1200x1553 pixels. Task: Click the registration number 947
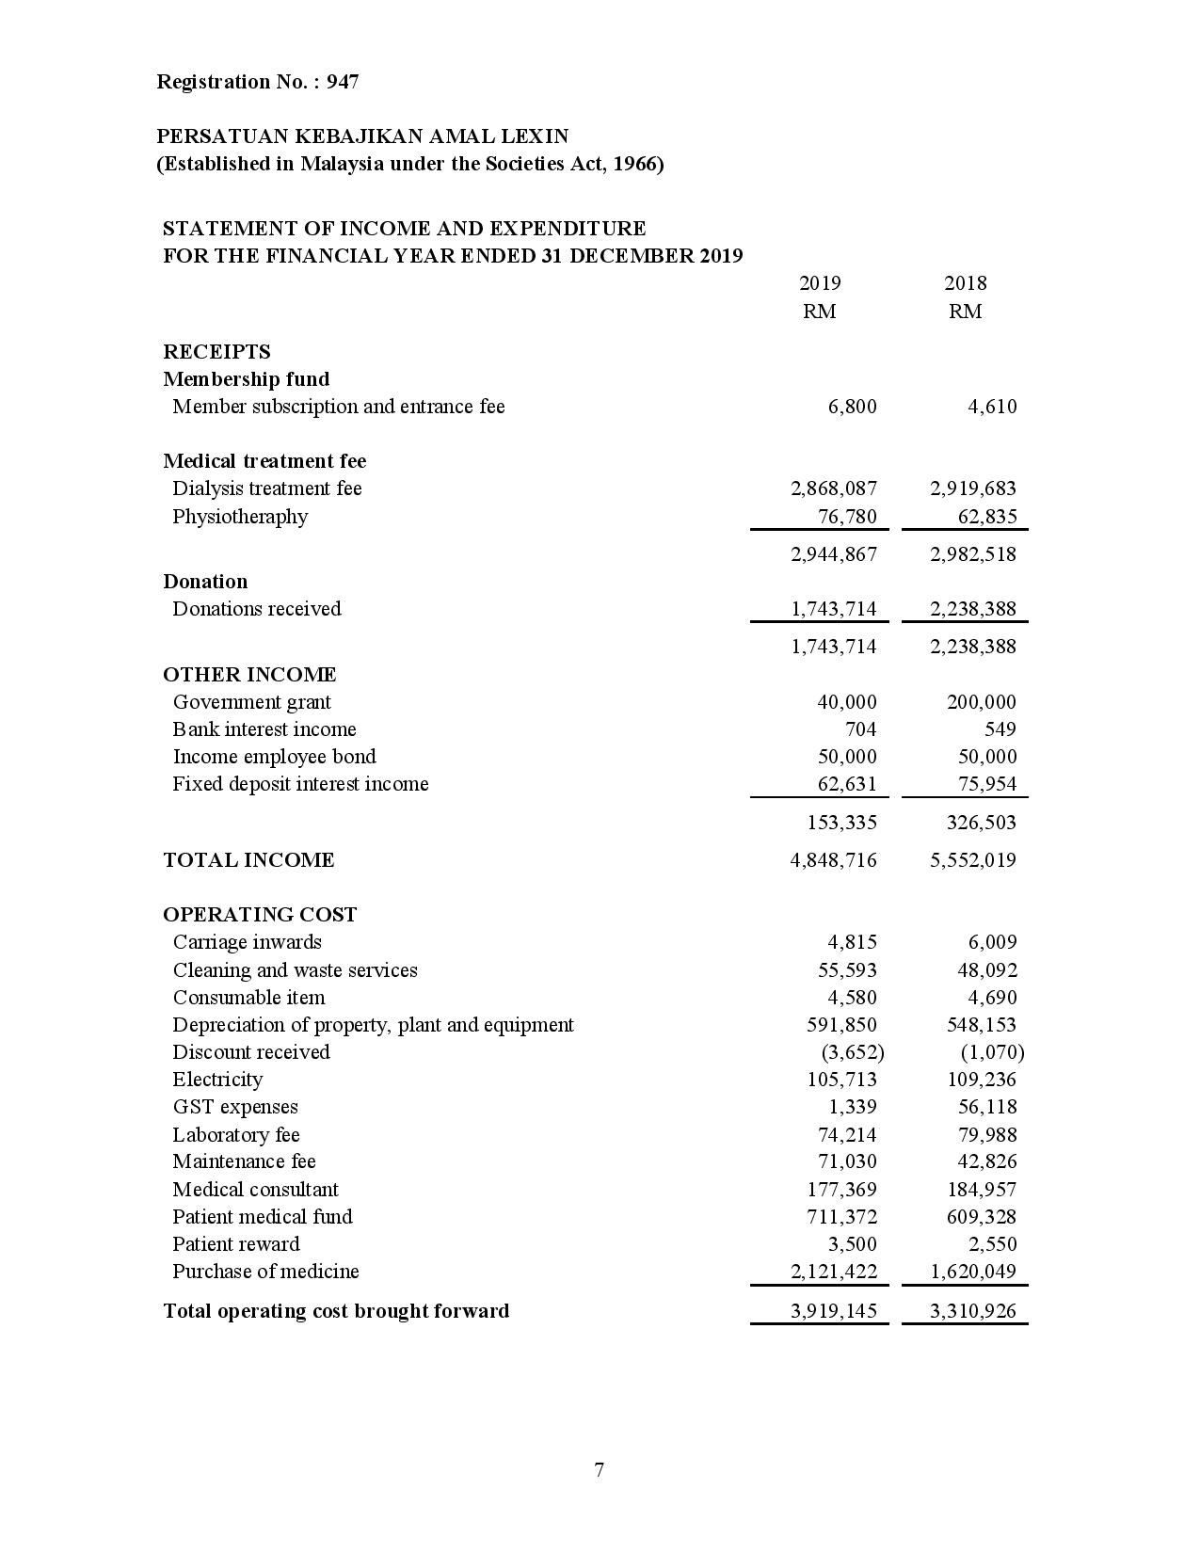(343, 82)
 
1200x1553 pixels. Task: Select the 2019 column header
(819, 283)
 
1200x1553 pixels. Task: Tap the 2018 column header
(965, 283)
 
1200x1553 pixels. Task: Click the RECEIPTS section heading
(216, 352)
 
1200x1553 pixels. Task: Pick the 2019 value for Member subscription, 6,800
(852, 407)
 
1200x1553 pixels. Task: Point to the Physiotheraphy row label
(240, 517)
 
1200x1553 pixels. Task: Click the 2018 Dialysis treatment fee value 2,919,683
(972, 488)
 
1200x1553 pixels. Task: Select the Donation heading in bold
(205, 582)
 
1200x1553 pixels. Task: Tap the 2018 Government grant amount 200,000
(981, 702)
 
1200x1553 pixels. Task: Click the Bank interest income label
(264, 729)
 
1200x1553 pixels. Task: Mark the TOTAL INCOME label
(248, 860)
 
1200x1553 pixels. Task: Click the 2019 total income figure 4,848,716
(833, 860)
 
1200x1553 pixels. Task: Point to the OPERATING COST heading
(260, 915)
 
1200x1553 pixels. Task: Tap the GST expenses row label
(235, 1107)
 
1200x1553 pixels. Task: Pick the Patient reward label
(236, 1244)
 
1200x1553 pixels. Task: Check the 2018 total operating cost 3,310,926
(972, 1311)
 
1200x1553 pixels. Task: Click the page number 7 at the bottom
(600, 1470)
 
